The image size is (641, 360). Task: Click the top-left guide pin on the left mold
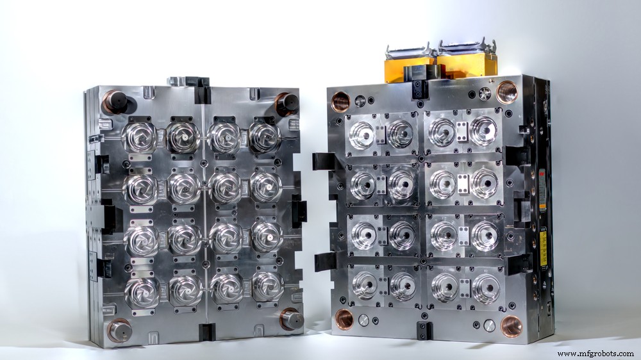coord(116,101)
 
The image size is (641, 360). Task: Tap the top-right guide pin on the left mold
coord(287,103)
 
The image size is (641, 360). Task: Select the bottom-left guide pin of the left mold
coord(119,330)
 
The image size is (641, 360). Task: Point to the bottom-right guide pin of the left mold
coord(289,318)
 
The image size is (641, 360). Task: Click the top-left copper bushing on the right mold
coord(340,101)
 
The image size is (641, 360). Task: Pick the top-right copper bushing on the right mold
coord(506,92)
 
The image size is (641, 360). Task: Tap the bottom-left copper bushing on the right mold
coord(344,318)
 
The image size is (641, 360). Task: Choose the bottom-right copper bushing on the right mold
coord(511,325)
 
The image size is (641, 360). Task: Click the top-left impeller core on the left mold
coord(140,136)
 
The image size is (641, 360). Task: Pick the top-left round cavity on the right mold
coord(362,135)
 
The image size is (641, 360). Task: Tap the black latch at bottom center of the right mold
coord(424,331)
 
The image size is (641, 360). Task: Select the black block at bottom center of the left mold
coord(206,332)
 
